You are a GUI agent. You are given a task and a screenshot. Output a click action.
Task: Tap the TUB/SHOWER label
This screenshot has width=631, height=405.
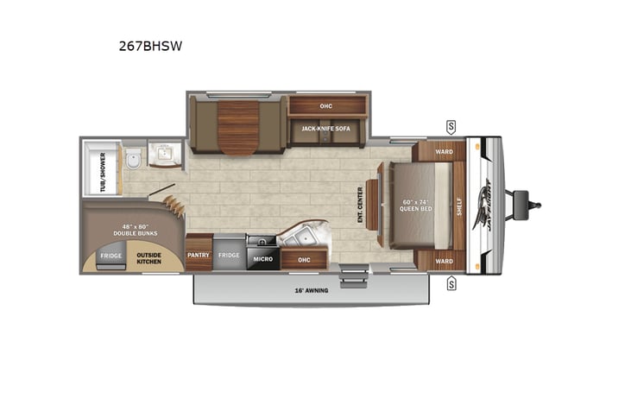coord(103,172)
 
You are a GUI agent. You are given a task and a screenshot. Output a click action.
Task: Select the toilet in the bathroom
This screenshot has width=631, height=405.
coord(132,160)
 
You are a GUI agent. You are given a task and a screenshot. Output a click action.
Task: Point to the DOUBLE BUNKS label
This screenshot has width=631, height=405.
coord(133,231)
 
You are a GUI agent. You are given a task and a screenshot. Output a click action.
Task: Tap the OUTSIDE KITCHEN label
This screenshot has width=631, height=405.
coord(149,256)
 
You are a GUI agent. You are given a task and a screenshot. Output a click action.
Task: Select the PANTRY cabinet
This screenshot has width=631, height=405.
coord(199,256)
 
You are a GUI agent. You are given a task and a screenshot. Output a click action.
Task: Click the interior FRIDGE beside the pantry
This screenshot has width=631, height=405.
coord(229,256)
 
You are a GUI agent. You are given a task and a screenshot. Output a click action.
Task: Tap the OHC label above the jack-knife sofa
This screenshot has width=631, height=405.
coord(326,107)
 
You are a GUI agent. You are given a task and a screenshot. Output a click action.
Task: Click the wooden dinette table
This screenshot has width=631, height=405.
coord(239,125)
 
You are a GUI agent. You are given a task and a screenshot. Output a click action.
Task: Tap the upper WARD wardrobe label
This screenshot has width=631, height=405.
coord(444,152)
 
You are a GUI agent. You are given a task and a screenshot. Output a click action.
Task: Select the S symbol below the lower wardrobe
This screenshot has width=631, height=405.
coord(451,283)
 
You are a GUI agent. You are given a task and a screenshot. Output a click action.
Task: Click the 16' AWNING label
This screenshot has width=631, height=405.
coord(312,291)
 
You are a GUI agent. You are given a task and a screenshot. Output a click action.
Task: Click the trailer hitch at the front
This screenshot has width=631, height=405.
coord(527,205)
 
